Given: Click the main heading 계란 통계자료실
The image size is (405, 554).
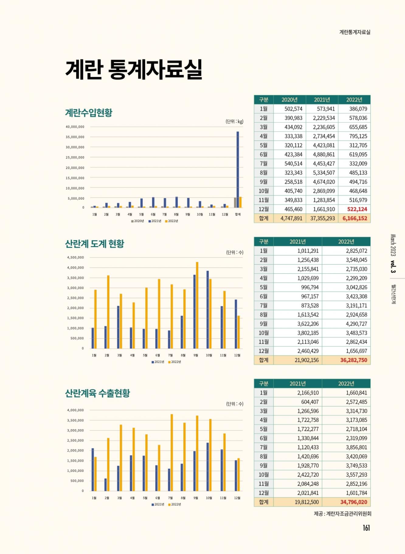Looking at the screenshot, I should click(x=134, y=69).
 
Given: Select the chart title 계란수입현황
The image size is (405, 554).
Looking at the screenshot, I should click(x=89, y=113).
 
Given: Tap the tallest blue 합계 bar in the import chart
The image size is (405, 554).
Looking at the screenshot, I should click(x=238, y=169).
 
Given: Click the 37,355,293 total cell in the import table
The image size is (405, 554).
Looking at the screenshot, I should click(x=322, y=218).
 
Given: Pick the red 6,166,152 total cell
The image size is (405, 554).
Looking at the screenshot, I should click(x=355, y=218).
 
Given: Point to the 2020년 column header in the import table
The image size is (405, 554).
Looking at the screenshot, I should click(x=289, y=100).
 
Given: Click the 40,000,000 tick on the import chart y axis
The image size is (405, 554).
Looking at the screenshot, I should click(x=75, y=127).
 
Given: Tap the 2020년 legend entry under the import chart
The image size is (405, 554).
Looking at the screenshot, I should click(x=137, y=221).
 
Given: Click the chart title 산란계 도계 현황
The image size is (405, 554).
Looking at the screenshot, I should click(x=95, y=244).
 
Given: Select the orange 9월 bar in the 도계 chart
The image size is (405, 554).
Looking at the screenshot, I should click(x=197, y=305).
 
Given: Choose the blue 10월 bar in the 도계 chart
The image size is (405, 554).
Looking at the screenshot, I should click(x=208, y=310).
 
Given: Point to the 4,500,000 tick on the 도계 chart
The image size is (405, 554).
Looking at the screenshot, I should click(x=75, y=258).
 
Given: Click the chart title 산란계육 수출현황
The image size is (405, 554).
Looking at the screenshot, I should click(x=97, y=393).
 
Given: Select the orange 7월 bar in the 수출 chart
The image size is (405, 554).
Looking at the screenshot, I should click(x=172, y=452).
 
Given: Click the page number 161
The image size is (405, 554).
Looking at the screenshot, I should click(x=366, y=528).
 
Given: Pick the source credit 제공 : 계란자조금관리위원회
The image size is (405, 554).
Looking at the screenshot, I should click(x=342, y=514).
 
